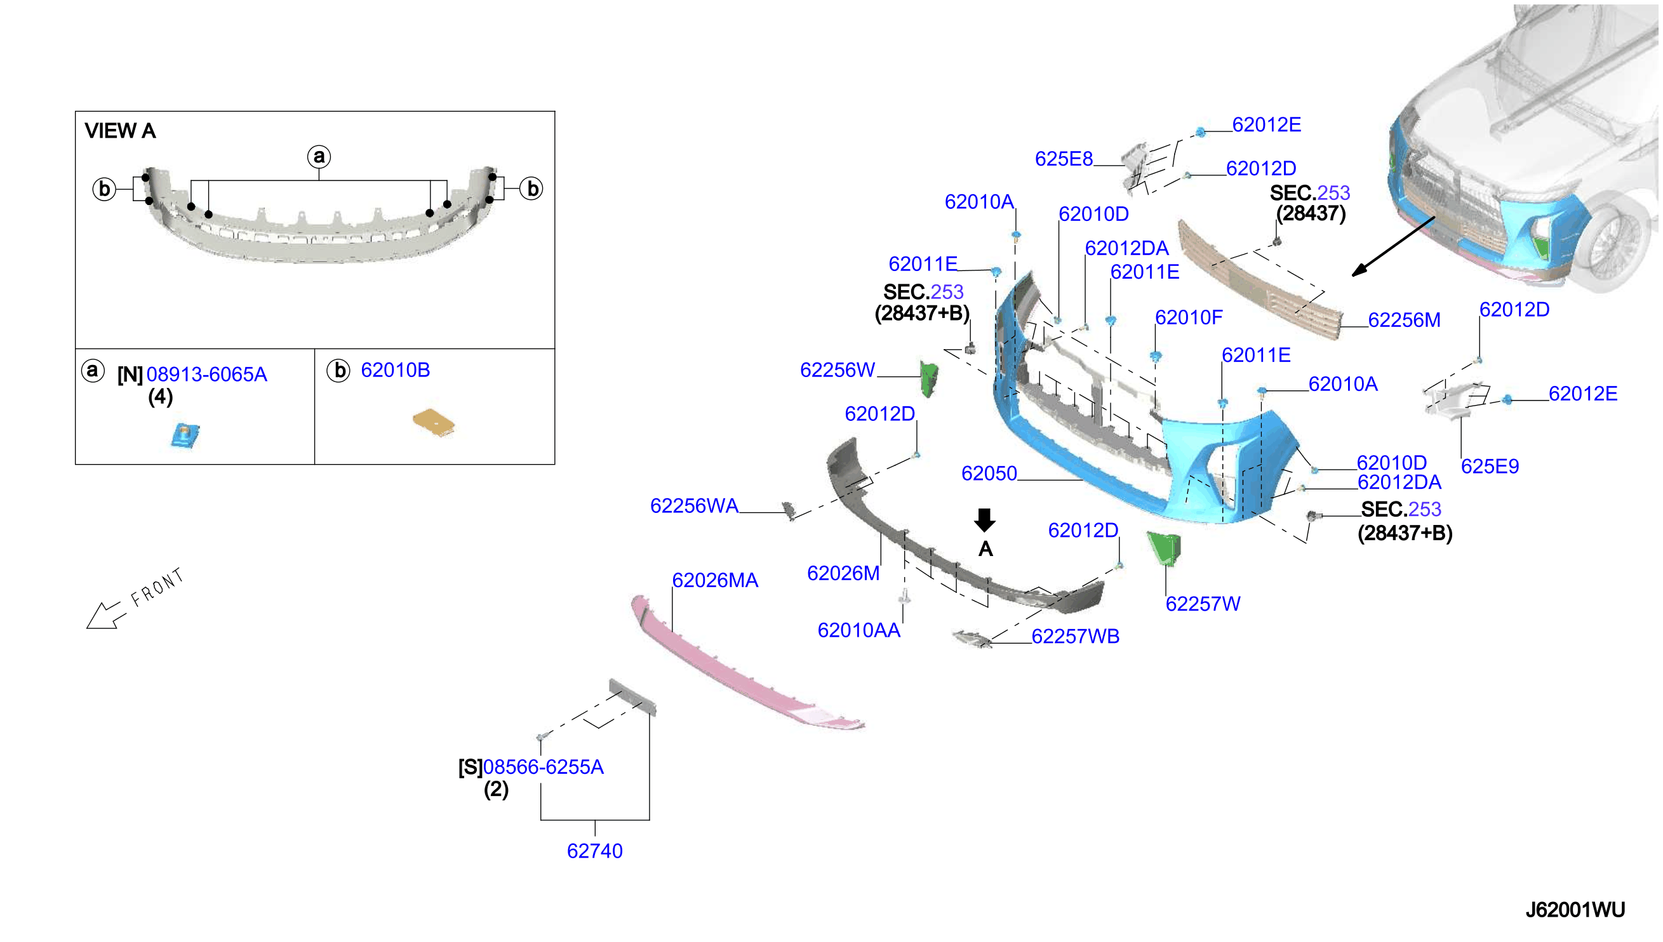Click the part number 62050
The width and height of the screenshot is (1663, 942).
click(989, 474)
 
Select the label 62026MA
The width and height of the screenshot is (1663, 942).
click(715, 580)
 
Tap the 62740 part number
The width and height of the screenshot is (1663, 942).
click(595, 851)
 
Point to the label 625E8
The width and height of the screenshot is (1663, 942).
click(1064, 159)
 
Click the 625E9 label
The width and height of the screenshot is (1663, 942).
click(1490, 466)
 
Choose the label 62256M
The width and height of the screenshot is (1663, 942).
click(1404, 320)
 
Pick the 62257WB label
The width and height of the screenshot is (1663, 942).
click(1076, 636)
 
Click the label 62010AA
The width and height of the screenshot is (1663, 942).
click(858, 630)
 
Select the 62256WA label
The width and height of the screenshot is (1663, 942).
click(694, 506)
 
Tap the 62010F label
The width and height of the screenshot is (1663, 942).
click(1189, 317)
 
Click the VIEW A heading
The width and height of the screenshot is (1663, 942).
click(121, 131)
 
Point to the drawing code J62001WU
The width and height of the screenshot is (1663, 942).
click(1575, 910)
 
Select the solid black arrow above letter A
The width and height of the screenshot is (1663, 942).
click(985, 520)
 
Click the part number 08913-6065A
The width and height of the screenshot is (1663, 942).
click(206, 375)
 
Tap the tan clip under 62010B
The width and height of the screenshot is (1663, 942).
click(434, 423)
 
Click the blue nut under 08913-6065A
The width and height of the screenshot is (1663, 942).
click(185, 435)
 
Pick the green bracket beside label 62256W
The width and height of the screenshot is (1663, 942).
click(929, 379)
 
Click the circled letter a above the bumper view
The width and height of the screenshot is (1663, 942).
click(319, 157)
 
